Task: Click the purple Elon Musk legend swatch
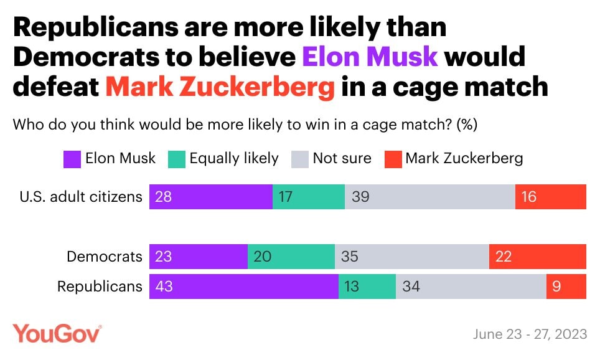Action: coord(72,159)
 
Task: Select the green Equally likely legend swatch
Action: coord(177,159)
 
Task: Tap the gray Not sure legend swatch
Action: coord(300,159)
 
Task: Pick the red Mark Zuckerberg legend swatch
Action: coord(393,159)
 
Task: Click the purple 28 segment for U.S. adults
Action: coord(211,197)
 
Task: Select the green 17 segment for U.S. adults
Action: coord(309,197)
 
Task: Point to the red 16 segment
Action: coord(551,197)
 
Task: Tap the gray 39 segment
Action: coord(430,197)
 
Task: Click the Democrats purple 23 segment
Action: coord(199,256)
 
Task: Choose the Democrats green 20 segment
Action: coord(291,256)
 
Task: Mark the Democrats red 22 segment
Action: coord(538,256)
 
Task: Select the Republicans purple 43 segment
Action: coord(244,287)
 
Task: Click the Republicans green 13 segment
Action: coord(367,287)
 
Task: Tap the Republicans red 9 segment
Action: coord(566,287)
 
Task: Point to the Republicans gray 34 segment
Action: coord(471,287)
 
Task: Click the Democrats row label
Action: coord(105,256)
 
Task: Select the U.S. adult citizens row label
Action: coord(81,197)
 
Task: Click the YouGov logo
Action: coord(57,334)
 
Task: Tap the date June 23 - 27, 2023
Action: coord(530,334)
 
